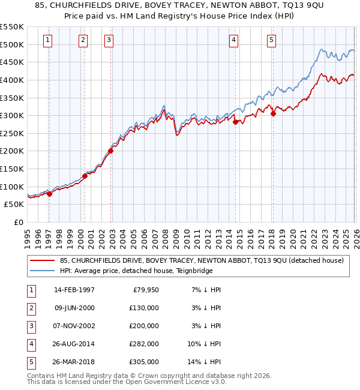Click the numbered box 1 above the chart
click(x=47, y=40)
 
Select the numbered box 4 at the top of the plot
click(x=233, y=40)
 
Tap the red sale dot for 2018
click(x=272, y=113)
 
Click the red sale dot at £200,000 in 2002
click(x=110, y=151)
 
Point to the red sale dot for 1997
click(x=49, y=193)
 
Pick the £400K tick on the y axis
click(x=12, y=80)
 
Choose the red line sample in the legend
click(x=43, y=260)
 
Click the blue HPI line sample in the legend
click(x=43, y=271)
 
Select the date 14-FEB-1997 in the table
click(x=74, y=290)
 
